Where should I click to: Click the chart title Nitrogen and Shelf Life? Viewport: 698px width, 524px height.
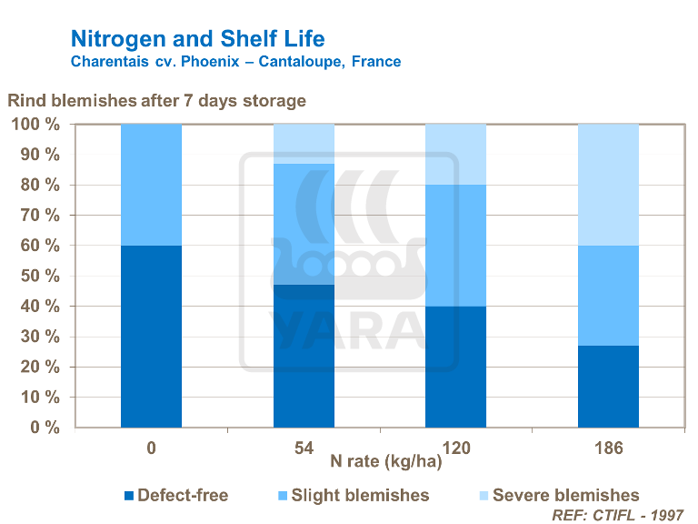pyautogui.click(x=196, y=39)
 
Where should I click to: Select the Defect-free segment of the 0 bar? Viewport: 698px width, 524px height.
pyautogui.click(x=151, y=336)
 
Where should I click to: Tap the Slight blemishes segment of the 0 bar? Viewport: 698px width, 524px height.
pyautogui.click(x=151, y=185)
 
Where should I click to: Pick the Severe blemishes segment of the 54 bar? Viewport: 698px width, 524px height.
pyautogui.click(x=304, y=144)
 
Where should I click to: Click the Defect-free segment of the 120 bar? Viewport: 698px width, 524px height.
pyautogui.click(x=456, y=367)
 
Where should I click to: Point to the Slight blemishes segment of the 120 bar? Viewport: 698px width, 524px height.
pyautogui.click(x=456, y=246)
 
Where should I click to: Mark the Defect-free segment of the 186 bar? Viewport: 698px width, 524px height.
pyautogui.click(x=608, y=387)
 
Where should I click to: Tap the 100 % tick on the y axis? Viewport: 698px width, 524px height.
pyautogui.click(x=35, y=125)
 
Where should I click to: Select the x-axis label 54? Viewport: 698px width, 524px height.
pyautogui.click(x=304, y=448)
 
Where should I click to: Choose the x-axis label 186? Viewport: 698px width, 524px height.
pyautogui.click(x=608, y=448)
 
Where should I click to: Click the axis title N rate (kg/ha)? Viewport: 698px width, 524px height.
pyautogui.click(x=385, y=462)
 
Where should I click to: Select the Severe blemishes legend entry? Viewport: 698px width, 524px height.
pyautogui.click(x=560, y=495)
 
